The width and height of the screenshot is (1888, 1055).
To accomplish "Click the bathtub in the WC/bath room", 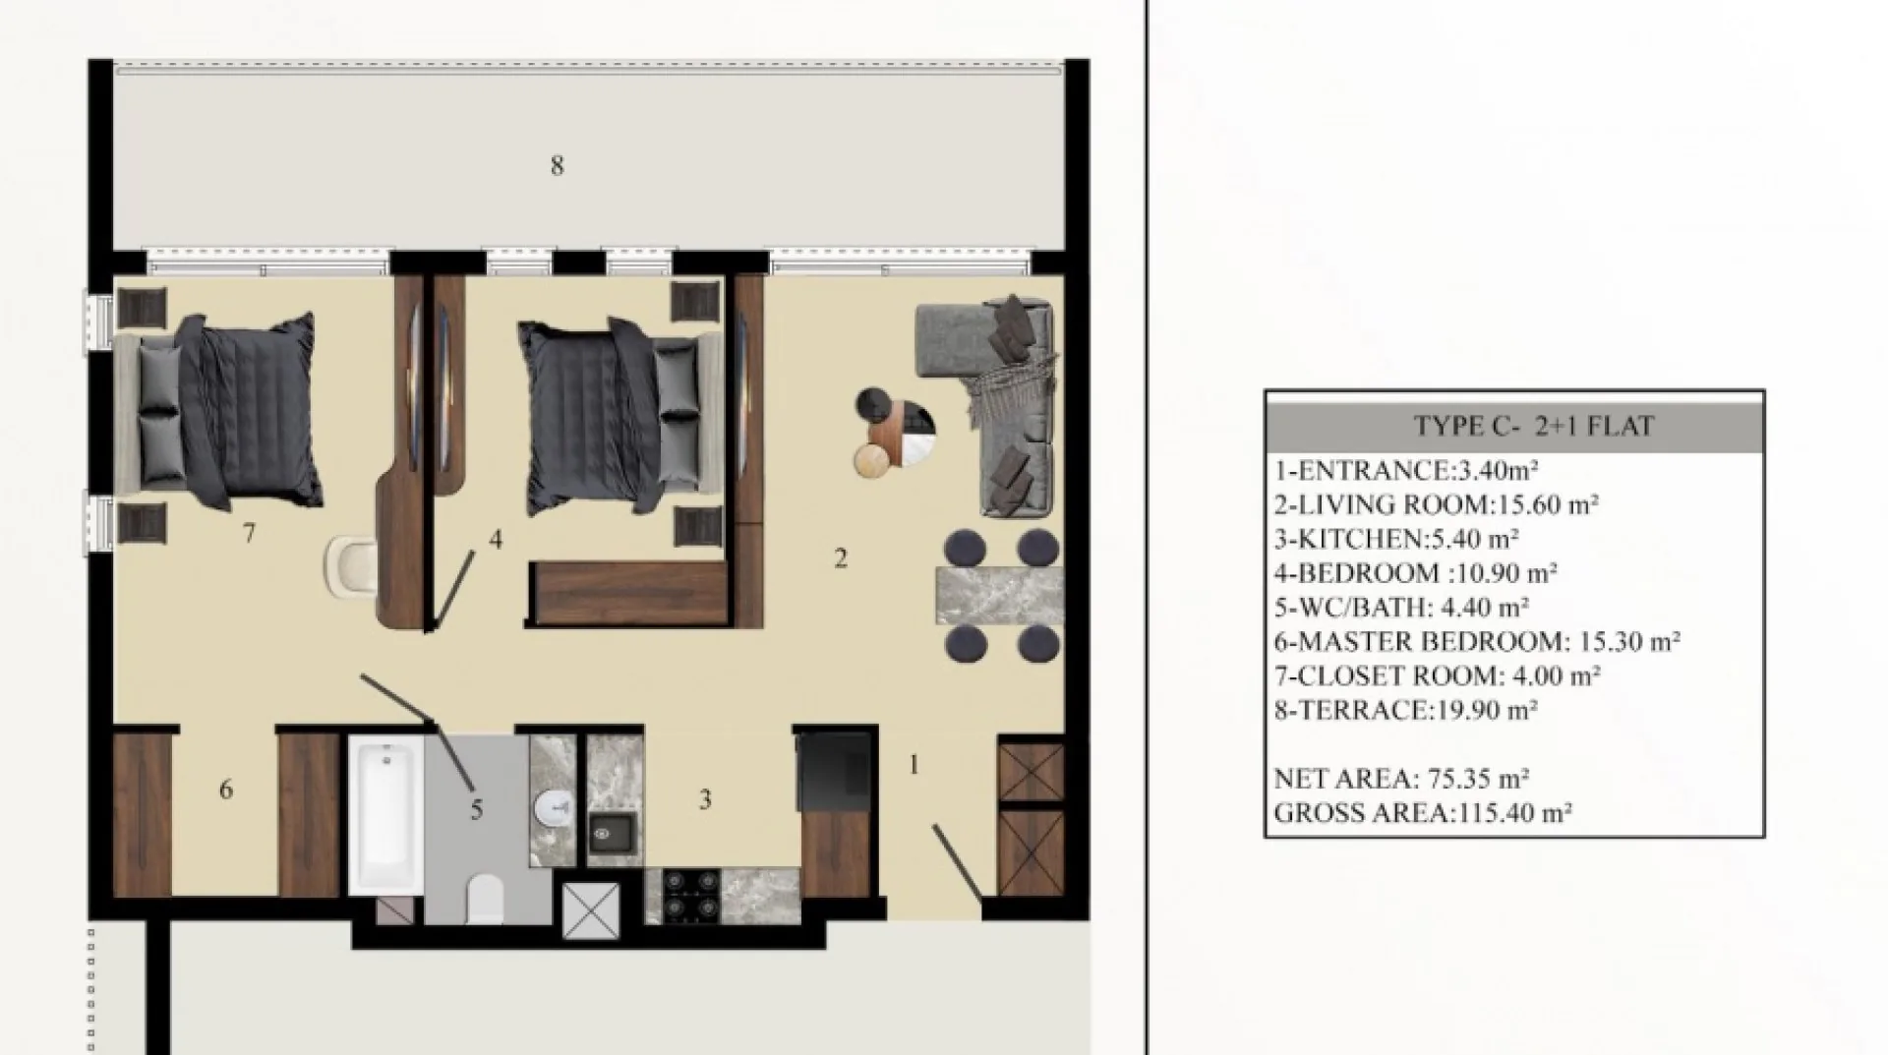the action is [386, 816].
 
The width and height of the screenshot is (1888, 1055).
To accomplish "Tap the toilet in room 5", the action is [485, 899].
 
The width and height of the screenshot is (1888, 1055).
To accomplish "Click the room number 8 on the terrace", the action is [558, 166].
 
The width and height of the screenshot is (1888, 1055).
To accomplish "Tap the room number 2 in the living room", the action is [841, 558].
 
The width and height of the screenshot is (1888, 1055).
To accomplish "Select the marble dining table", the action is [1000, 595].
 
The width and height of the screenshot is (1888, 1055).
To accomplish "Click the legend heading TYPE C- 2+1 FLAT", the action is [1534, 426].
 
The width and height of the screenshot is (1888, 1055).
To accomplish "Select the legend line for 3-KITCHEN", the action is [1396, 539].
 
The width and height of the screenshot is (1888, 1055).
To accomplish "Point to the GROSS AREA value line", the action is [1423, 813].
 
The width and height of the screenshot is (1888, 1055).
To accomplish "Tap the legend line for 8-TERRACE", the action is [1406, 710].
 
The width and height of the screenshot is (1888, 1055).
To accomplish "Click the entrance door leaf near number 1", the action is [958, 862].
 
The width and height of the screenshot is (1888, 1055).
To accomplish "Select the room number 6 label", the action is [226, 790].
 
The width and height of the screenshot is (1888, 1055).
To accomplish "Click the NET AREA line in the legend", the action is [1401, 779].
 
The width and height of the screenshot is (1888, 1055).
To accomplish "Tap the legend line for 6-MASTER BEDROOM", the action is [1477, 641].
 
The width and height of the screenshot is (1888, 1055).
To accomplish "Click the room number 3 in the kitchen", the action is [705, 800].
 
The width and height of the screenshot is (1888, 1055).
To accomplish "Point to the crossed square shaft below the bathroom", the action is [591, 910].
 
